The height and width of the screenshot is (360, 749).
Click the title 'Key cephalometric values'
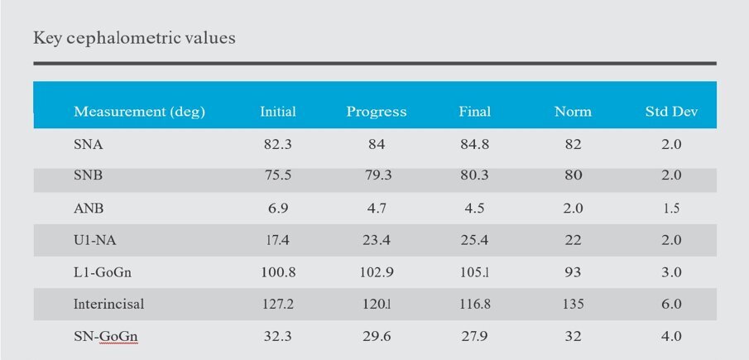(x=134, y=38)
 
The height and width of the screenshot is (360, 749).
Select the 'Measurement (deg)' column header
(x=139, y=112)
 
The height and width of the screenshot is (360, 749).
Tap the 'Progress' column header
(x=377, y=112)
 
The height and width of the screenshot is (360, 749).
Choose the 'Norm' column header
(x=573, y=112)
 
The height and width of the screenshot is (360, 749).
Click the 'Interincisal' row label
(x=108, y=304)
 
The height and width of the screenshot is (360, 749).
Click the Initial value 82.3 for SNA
(x=278, y=144)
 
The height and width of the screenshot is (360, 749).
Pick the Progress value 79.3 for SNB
(x=377, y=175)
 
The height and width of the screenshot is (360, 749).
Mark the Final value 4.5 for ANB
(x=475, y=208)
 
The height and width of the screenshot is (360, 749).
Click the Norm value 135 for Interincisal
(x=573, y=304)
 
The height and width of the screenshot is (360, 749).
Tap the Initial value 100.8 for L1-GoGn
(x=278, y=272)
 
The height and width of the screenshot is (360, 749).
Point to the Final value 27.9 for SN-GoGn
(x=475, y=336)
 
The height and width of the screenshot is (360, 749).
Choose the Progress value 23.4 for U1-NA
(x=377, y=240)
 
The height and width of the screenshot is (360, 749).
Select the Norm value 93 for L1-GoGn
(x=573, y=272)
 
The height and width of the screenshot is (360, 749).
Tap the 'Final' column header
(x=475, y=112)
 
